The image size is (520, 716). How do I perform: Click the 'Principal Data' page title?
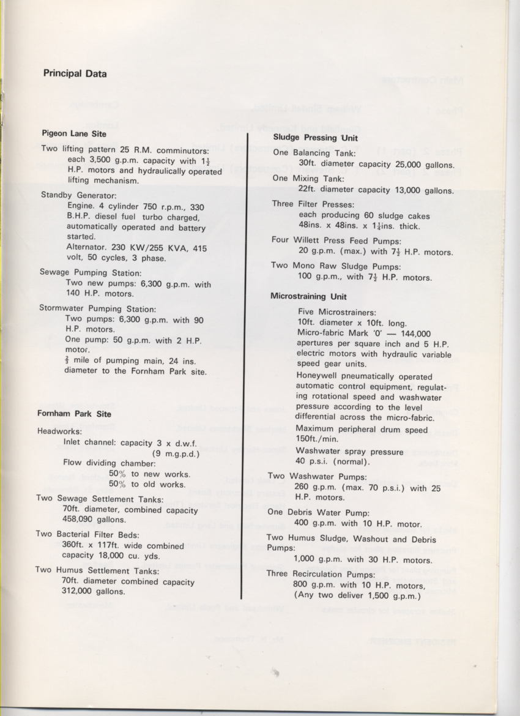click(75, 74)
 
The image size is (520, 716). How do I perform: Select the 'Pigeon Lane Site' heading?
click(74, 133)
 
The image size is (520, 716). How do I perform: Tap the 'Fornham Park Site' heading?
click(74, 414)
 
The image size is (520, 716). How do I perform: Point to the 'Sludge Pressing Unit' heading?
click(315, 138)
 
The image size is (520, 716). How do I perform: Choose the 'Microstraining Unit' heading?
click(308, 297)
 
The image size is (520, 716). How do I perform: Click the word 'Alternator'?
click(86, 247)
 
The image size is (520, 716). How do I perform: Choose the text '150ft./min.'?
click(318, 439)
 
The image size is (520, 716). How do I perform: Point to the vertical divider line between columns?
click(245, 367)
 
